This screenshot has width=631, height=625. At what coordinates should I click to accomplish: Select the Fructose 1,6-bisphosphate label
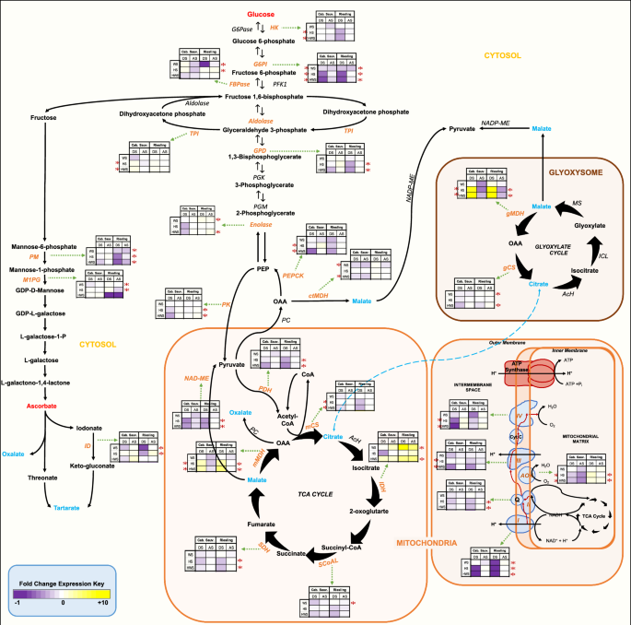tap(272, 96)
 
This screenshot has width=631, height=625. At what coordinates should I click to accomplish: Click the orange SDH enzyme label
tap(288, 548)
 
